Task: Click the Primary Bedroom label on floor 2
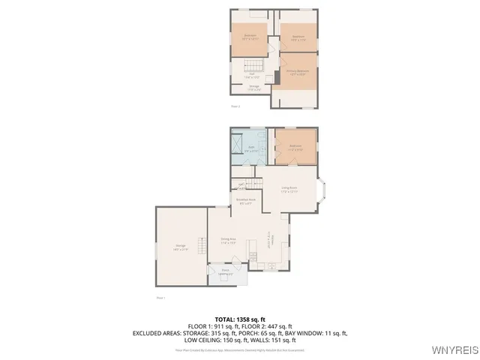[x=298, y=72]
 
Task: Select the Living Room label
[x=289, y=189]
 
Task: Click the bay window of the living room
[x=320, y=190]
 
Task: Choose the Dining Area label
[x=229, y=241]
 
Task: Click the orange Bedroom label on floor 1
[x=295, y=148]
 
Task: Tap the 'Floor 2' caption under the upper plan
[x=235, y=106]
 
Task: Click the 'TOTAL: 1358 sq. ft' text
[x=239, y=319]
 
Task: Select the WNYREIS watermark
[x=454, y=350]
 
